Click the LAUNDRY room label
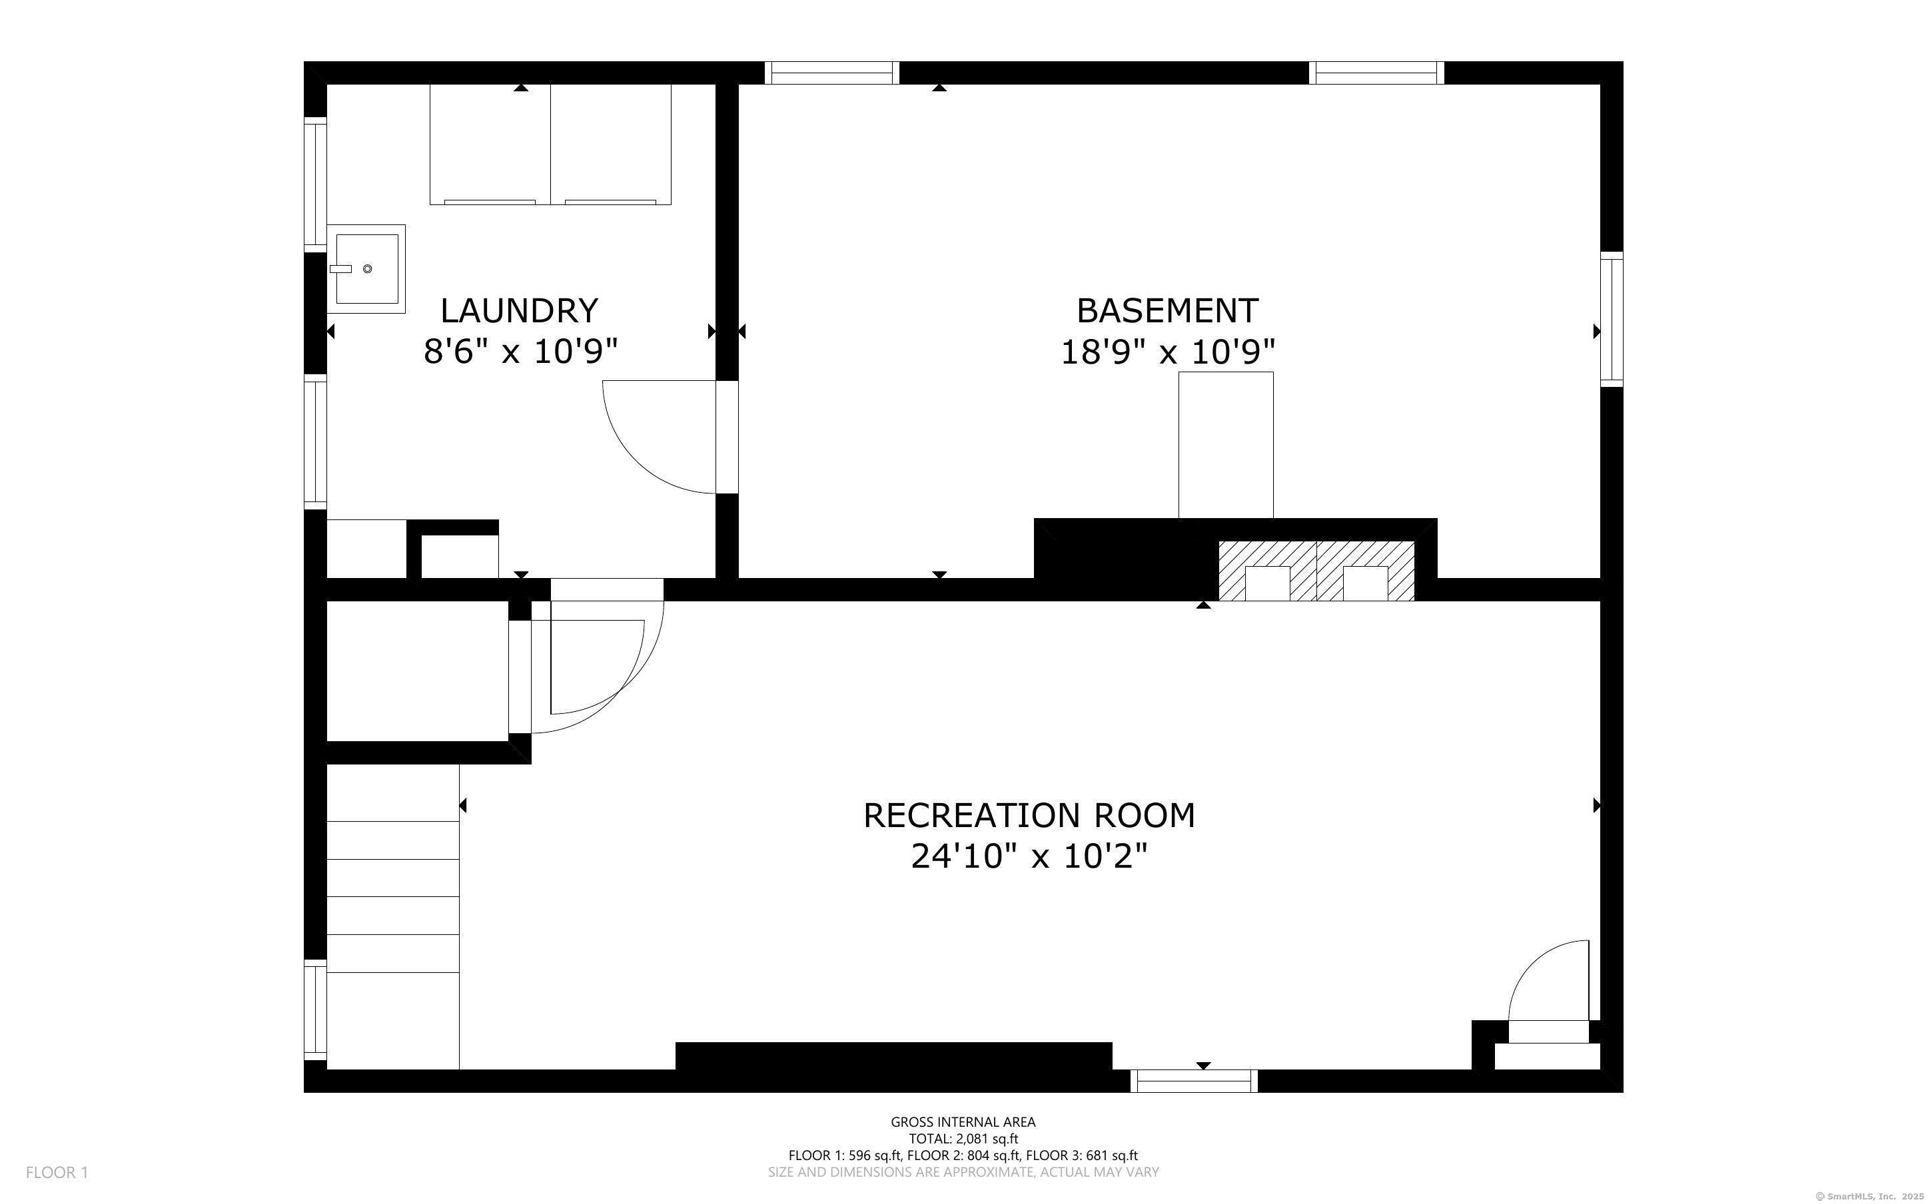[519, 310]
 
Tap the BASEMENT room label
[1167, 310]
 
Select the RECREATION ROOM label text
[1029, 815]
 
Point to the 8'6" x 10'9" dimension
[521, 351]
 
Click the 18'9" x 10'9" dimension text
[1167, 351]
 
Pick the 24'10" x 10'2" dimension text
[1029, 857]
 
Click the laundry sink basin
[366, 268]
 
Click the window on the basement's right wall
[1612, 320]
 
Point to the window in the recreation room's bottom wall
[1194, 1081]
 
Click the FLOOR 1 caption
[57, 1172]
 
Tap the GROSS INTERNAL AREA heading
[963, 1122]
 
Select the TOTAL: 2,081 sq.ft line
[963, 1139]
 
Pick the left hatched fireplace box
[1268, 571]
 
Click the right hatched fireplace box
[1366, 571]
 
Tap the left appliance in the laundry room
[490, 144]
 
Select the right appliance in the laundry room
[611, 144]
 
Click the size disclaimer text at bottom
[963, 1172]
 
